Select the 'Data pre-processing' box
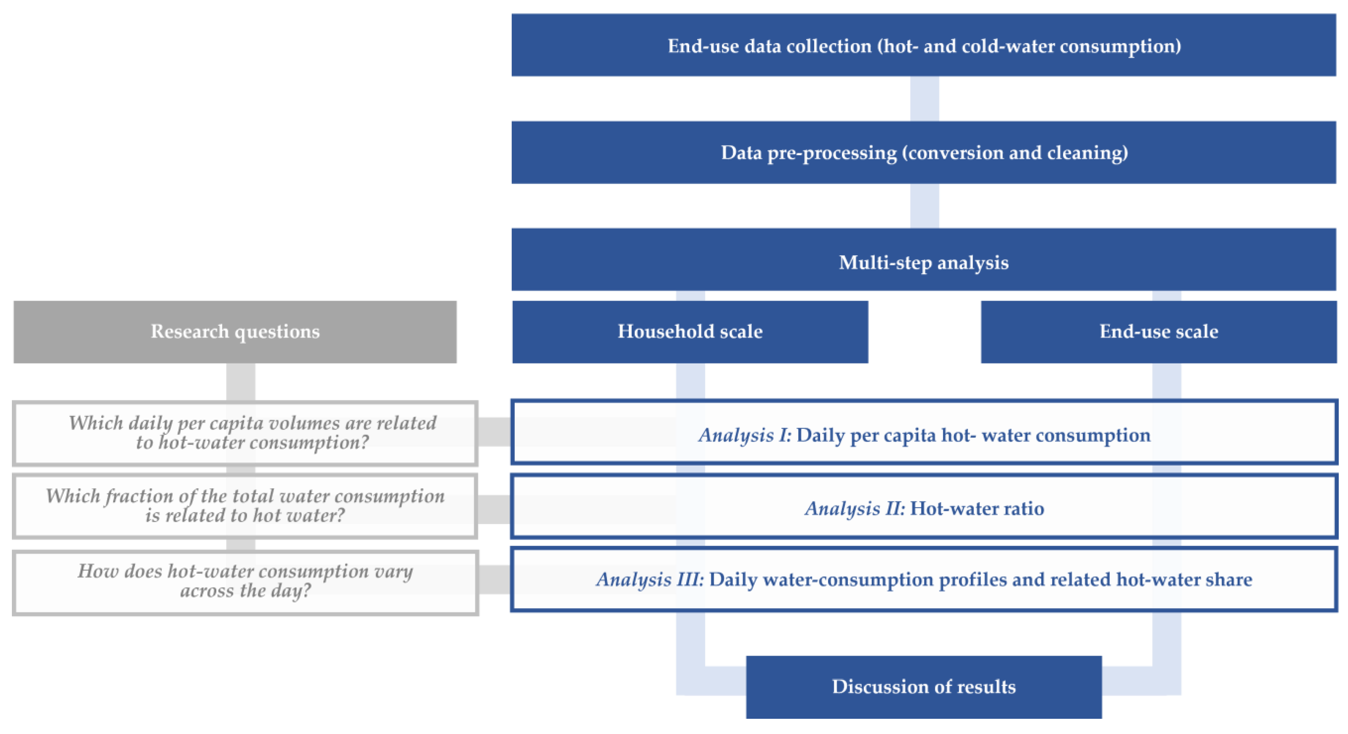coord(923,152)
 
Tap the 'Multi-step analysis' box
coord(923,260)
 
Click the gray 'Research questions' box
coord(235,332)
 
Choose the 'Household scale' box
coord(690,332)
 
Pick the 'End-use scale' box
coord(1159,332)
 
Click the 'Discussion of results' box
coord(923,687)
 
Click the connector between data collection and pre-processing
coord(925,99)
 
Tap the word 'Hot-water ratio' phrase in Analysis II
coord(977,508)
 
